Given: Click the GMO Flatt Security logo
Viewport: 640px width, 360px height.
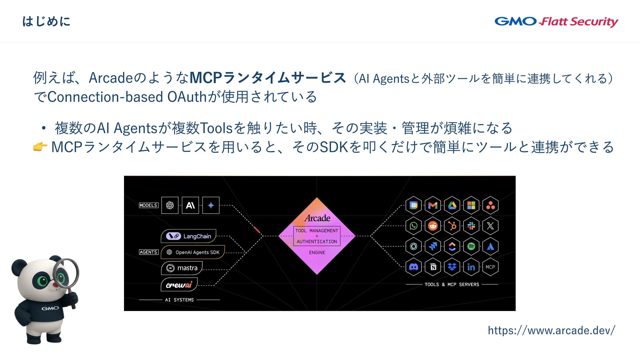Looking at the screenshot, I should point(556,22).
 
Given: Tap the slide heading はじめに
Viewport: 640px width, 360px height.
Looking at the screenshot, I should point(46,22).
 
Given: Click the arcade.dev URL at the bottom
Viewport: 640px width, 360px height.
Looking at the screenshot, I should point(551,330).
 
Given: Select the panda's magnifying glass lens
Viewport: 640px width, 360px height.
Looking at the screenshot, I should point(66,273).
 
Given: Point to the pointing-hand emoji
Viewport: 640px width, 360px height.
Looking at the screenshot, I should point(40,147).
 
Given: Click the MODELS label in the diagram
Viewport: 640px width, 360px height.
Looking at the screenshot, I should point(149,205).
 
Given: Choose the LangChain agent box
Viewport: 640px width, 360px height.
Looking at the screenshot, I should point(189,236).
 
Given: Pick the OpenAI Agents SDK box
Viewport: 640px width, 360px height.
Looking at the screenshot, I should point(193,252).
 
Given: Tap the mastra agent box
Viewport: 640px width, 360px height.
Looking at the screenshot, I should point(182,268).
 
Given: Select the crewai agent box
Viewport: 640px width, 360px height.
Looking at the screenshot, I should point(179,285).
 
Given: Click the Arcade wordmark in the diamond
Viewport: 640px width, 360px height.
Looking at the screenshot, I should point(317,218).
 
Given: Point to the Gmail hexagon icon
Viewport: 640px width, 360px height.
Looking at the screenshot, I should point(433,205).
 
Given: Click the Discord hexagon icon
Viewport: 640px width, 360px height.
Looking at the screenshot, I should point(413,267).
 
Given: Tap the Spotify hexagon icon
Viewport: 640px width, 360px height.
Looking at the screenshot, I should point(471,246).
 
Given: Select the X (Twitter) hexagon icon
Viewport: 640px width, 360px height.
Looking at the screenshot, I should point(490,226).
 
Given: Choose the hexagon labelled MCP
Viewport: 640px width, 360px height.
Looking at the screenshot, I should point(490,267).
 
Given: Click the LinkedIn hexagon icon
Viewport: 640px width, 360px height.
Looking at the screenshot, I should point(471,267).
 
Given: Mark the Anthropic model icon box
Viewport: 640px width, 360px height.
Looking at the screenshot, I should point(190,205).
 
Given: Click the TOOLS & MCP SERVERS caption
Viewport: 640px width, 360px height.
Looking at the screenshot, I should point(452,284).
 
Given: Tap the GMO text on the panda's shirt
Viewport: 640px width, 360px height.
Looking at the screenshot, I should point(50,308).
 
